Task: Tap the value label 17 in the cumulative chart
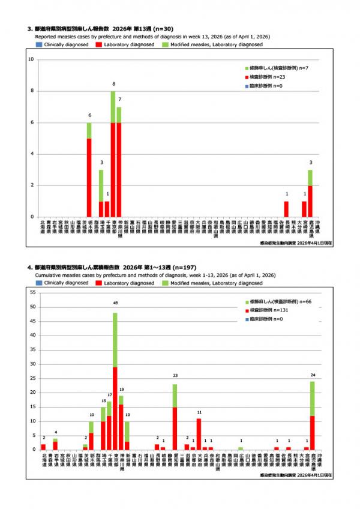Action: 109,395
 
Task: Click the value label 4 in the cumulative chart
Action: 55,432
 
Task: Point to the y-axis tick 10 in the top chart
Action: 31,59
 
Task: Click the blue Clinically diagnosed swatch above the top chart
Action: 38,45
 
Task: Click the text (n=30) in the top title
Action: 166,28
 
